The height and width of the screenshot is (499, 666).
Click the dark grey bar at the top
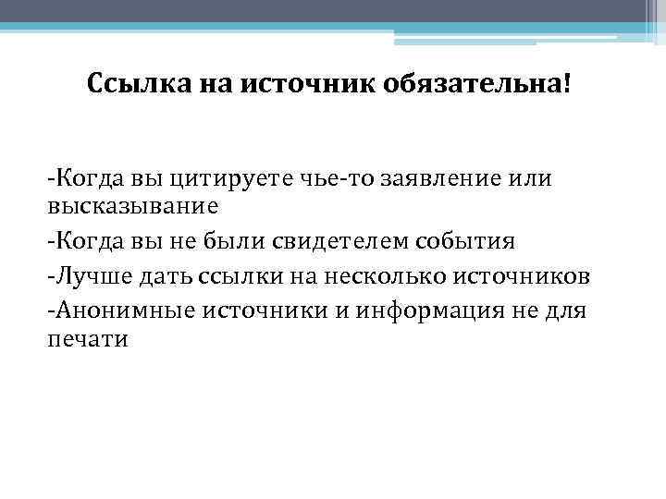click(333, 10)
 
